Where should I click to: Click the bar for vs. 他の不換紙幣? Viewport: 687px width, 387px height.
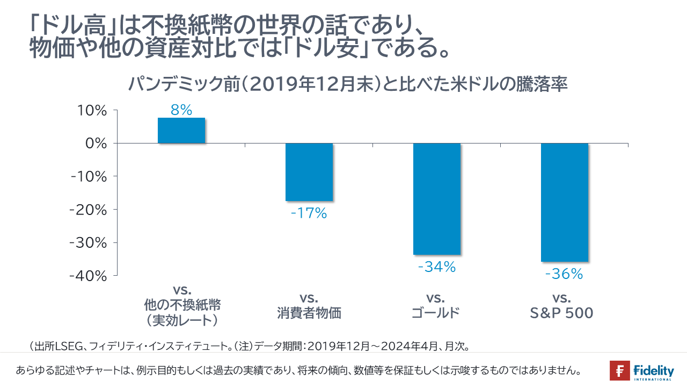181,131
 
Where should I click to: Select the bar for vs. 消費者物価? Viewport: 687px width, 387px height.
309,172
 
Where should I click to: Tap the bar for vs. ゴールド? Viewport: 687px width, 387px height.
437,199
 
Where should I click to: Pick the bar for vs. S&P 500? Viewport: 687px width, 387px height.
564,202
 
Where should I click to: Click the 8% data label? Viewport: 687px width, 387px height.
181,110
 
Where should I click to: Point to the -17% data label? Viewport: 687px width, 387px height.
309,213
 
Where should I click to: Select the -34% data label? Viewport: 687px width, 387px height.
436,267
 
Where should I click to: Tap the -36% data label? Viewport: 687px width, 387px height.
564,274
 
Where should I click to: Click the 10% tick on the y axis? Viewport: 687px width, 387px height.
93,111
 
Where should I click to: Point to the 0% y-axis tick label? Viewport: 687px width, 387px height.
97,144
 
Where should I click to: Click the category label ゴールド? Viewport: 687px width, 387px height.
436,313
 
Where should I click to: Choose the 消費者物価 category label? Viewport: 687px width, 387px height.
309,313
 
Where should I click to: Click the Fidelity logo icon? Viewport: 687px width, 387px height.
619,371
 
